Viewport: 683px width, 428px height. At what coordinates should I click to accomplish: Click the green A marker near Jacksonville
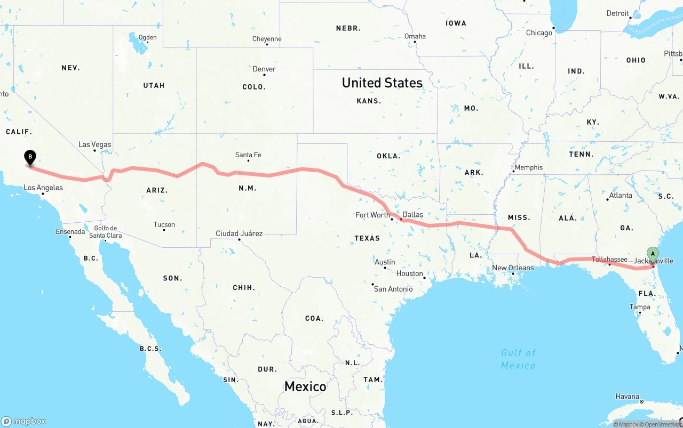pyautogui.click(x=653, y=254)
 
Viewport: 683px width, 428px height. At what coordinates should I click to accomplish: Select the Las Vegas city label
pyautogui.click(x=94, y=144)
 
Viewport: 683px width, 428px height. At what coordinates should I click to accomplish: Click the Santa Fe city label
pyautogui.click(x=248, y=155)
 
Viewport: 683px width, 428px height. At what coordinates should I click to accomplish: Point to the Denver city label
pyautogui.click(x=264, y=69)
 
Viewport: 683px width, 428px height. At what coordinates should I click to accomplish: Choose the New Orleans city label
pyautogui.click(x=512, y=268)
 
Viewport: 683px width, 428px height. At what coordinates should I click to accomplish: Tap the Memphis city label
pyautogui.click(x=528, y=167)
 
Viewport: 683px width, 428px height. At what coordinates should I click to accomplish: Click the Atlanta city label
pyautogui.click(x=621, y=195)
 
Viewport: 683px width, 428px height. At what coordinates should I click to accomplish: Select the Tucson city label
pyautogui.click(x=164, y=224)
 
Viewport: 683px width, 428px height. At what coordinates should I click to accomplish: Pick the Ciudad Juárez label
pyautogui.click(x=239, y=233)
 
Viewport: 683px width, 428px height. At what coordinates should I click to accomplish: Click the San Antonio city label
pyautogui.click(x=393, y=289)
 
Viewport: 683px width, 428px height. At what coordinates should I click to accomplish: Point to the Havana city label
pyautogui.click(x=627, y=396)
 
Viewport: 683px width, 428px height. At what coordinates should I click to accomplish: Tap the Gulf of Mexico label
pyautogui.click(x=518, y=359)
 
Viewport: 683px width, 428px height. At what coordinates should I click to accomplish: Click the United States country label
pyautogui.click(x=382, y=83)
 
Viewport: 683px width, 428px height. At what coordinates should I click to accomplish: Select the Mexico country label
pyautogui.click(x=305, y=386)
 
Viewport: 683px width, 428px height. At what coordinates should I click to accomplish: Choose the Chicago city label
pyautogui.click(x=539, y=33)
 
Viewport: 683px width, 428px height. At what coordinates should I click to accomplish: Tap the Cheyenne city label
pyautogui.click(x=267, y=39)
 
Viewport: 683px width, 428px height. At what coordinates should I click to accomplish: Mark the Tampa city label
pyautogui.click(x=640, y=307)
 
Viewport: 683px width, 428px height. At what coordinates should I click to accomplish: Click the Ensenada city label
pyautogui.click(x=70, y=231)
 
